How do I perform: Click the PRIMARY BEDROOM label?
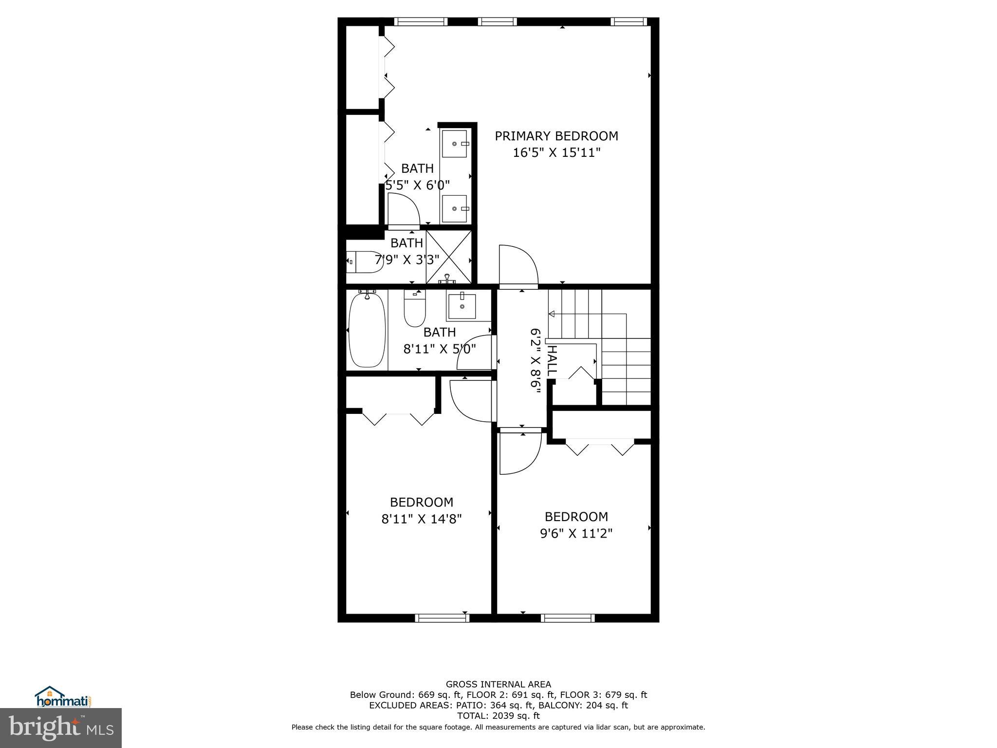556,136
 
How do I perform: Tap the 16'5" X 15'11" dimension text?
556,153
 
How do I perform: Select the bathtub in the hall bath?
367,329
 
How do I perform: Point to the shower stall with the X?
449,257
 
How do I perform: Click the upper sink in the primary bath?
454,144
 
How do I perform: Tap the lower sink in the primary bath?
454,208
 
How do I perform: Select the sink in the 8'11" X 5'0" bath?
461,306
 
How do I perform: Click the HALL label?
552,360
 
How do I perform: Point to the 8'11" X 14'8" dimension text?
421,519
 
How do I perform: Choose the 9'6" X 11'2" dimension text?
576,534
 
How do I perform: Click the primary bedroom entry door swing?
517,265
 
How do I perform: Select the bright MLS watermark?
61,728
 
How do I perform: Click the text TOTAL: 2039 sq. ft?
498,716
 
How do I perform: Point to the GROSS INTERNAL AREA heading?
498,684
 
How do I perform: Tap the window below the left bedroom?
442,618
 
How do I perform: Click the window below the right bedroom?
568,618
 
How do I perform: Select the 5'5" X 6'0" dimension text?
417,186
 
